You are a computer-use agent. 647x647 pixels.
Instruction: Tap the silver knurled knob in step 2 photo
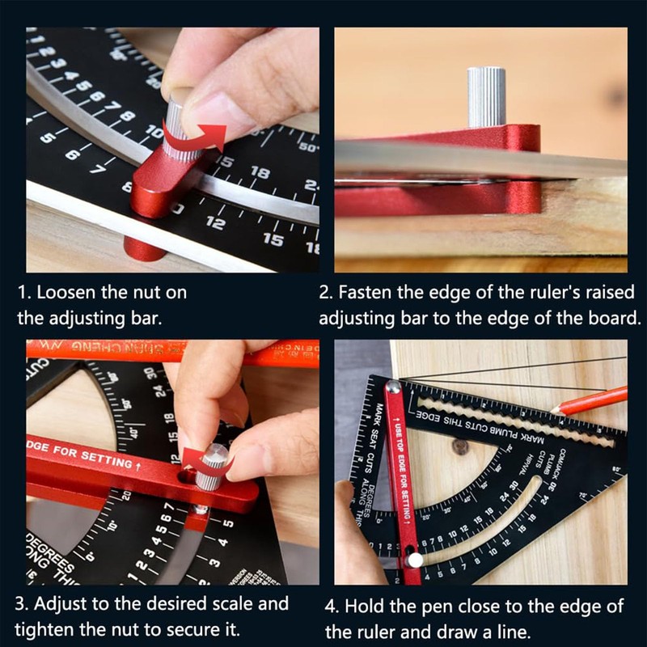pos(486,95)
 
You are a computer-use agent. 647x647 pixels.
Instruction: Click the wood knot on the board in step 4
pos(461,446)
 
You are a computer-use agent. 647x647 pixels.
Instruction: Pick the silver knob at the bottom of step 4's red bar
pos(415,559)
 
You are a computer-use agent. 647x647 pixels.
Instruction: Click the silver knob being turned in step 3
pos(213,466)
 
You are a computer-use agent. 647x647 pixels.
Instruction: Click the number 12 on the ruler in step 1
pos(215,222)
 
